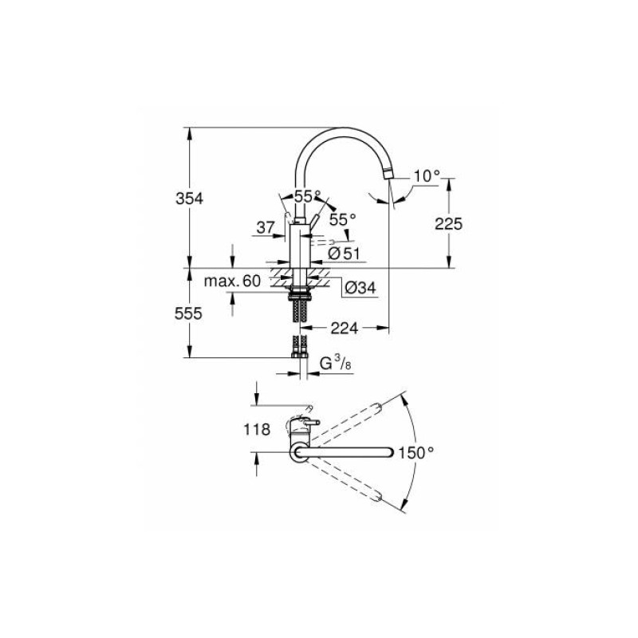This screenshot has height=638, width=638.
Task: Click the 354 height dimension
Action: pos(189,199)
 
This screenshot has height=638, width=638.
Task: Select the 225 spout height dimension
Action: pos(448,224)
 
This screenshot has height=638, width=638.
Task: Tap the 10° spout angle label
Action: pos(427,176)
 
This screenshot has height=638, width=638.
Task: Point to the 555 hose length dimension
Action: pos(188,313)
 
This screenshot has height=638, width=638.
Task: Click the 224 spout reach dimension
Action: pos(345,328)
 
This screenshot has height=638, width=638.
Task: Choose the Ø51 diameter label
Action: pos(345,254)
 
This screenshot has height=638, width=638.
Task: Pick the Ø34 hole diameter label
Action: pos(360,288)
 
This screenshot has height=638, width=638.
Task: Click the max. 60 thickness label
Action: pos(232,281)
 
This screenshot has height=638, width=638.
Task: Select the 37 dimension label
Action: pos(266,227)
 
